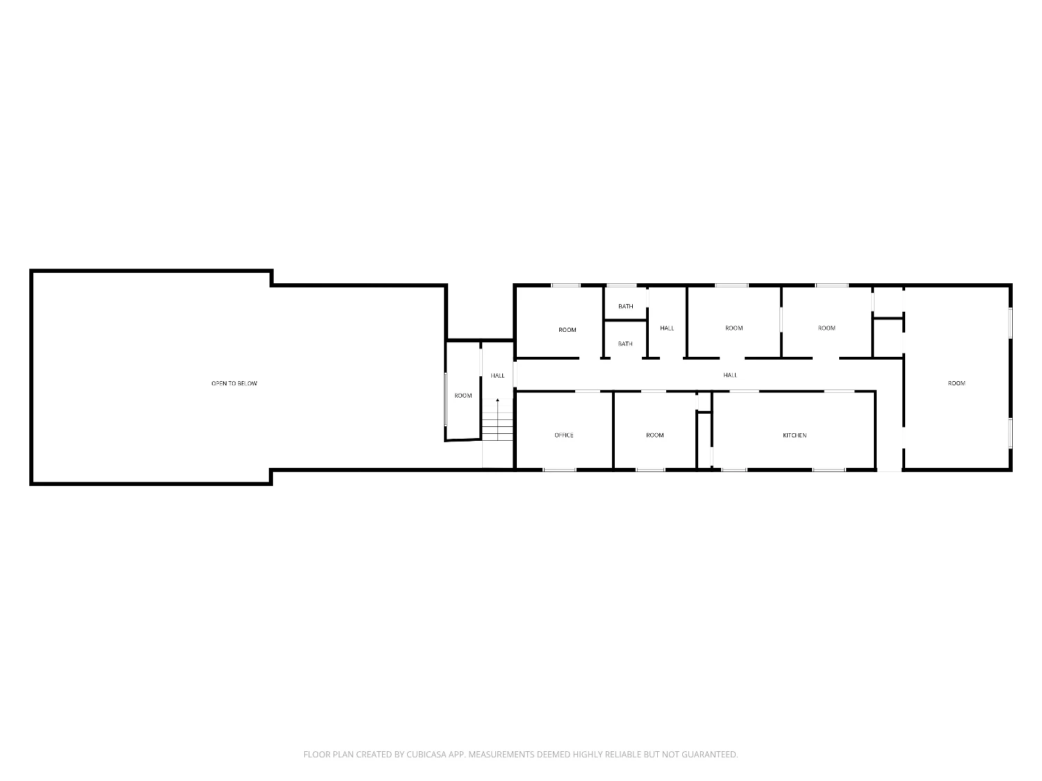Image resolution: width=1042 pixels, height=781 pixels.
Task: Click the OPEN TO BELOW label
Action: pyautogui.click(x=234, y=383)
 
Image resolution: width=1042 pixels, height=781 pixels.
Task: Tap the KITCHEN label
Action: pyautogui.click(x=794, y=435)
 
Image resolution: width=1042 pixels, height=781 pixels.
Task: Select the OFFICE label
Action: pyautogui.click(x=564, y=435)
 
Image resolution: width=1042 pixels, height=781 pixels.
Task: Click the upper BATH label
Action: pyautogui.click(x=626, y=306)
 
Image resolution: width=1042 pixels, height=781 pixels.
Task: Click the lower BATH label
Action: pyautogui.click(x=625, y=344)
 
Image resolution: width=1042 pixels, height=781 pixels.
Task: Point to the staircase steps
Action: pyautogui.click(x=497, y=426)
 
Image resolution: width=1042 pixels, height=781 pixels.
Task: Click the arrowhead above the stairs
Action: pyautogui.click(x=497, y=401)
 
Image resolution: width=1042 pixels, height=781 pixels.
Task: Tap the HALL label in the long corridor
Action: pyautogui.click(x=730, y=375)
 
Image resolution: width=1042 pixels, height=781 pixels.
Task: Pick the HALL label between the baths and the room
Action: pyautogui.click(x=667, y=328)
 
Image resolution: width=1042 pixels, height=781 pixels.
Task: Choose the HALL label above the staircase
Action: pyautogui.click(x=497, y=376)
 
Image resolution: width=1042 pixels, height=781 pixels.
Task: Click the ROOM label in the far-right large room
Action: pyautogui.click(x=957, y=383)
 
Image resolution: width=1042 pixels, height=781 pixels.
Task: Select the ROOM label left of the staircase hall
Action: pyautogui.click(x=463, y=396)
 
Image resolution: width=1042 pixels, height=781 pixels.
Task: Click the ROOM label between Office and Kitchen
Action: pyautogui.click(x=654, y=435)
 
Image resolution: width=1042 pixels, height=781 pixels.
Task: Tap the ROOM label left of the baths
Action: pyautogui.click(x=568, y=330)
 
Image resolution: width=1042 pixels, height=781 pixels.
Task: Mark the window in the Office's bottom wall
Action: pyautogui.click(x=559, y=470)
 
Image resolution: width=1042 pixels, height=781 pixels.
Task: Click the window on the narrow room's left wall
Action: pyautogui.click(x=445, y=399)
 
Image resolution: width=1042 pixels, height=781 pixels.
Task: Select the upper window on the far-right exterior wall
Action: pyautogui.click(x=1011, y=323)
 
